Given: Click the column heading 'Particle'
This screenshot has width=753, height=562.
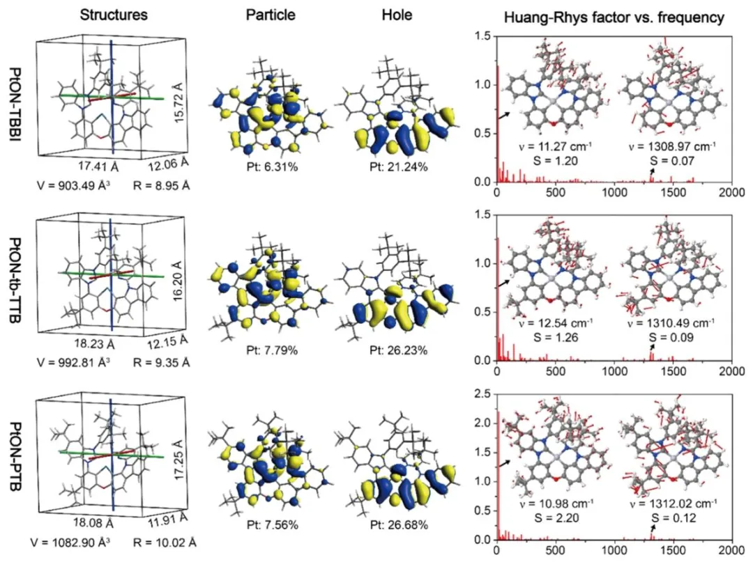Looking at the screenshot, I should (x=271, y=15).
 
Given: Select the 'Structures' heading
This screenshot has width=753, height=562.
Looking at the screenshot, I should (x=113, y=15).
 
